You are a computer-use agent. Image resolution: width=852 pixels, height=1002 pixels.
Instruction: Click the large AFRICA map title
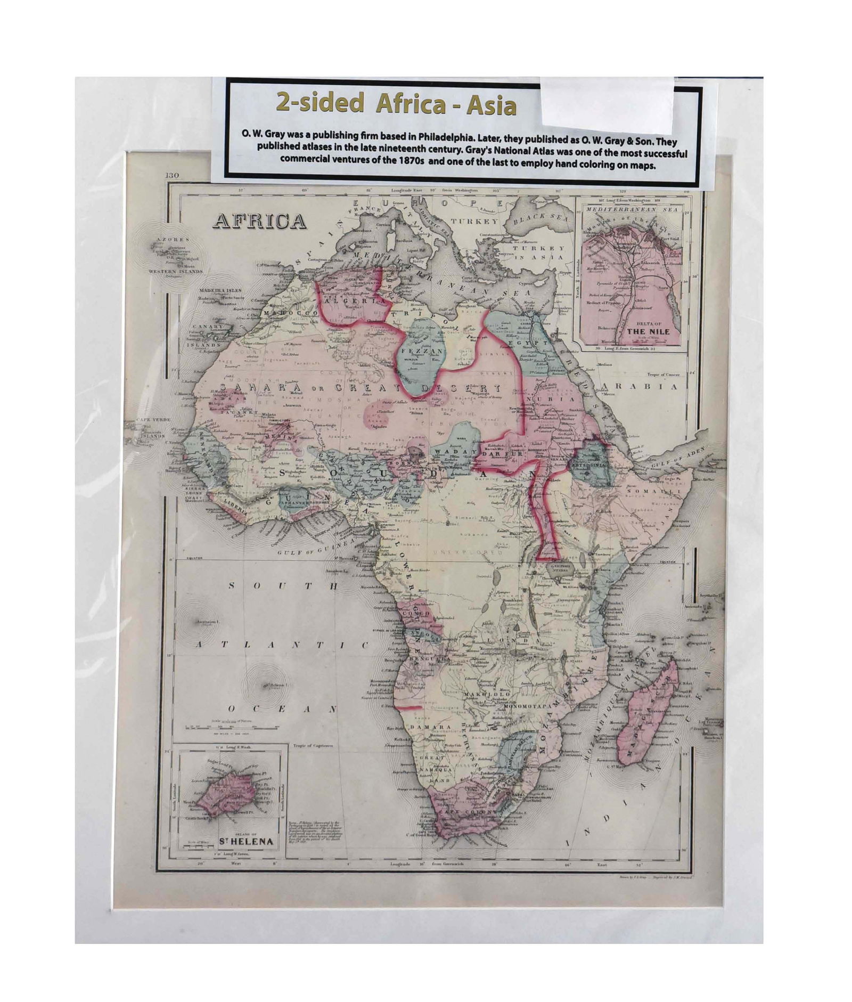(260, 221)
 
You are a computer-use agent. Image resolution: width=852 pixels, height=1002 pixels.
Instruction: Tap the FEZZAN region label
(421, 352)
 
